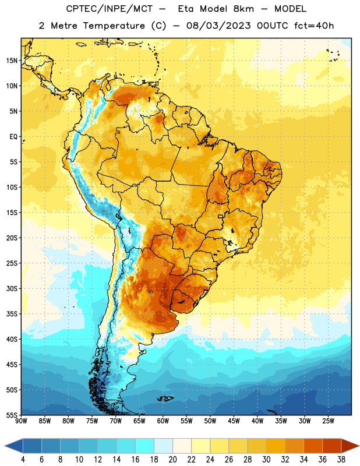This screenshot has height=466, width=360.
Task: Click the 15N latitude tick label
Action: point(12,61)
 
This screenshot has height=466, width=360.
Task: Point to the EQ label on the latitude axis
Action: point(13,137)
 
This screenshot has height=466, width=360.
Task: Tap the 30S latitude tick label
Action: point(12,288)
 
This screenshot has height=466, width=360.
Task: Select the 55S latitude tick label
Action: point(12,415)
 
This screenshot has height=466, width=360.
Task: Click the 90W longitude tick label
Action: point(21,421)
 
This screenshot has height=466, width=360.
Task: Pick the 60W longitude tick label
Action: point(163,421)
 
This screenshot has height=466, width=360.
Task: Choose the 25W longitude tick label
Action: point(328,421)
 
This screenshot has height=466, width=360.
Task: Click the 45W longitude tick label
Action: point(234,421)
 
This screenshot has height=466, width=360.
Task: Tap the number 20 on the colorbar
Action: point(172,460)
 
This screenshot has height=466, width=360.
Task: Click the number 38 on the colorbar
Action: point(341,460)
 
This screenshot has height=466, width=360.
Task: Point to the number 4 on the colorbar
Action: point(23,460)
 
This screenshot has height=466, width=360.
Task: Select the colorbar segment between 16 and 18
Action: point(145,446)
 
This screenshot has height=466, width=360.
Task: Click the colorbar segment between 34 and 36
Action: point(313,446)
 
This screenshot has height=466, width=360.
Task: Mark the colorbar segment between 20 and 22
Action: point(182,446)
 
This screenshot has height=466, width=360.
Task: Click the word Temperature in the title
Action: point(114,26)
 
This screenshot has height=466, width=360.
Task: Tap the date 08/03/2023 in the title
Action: point(218,26)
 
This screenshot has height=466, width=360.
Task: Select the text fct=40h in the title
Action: point(314,26)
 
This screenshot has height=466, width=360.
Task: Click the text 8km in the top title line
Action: point(243,9)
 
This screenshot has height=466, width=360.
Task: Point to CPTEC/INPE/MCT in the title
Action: point(110,9)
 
